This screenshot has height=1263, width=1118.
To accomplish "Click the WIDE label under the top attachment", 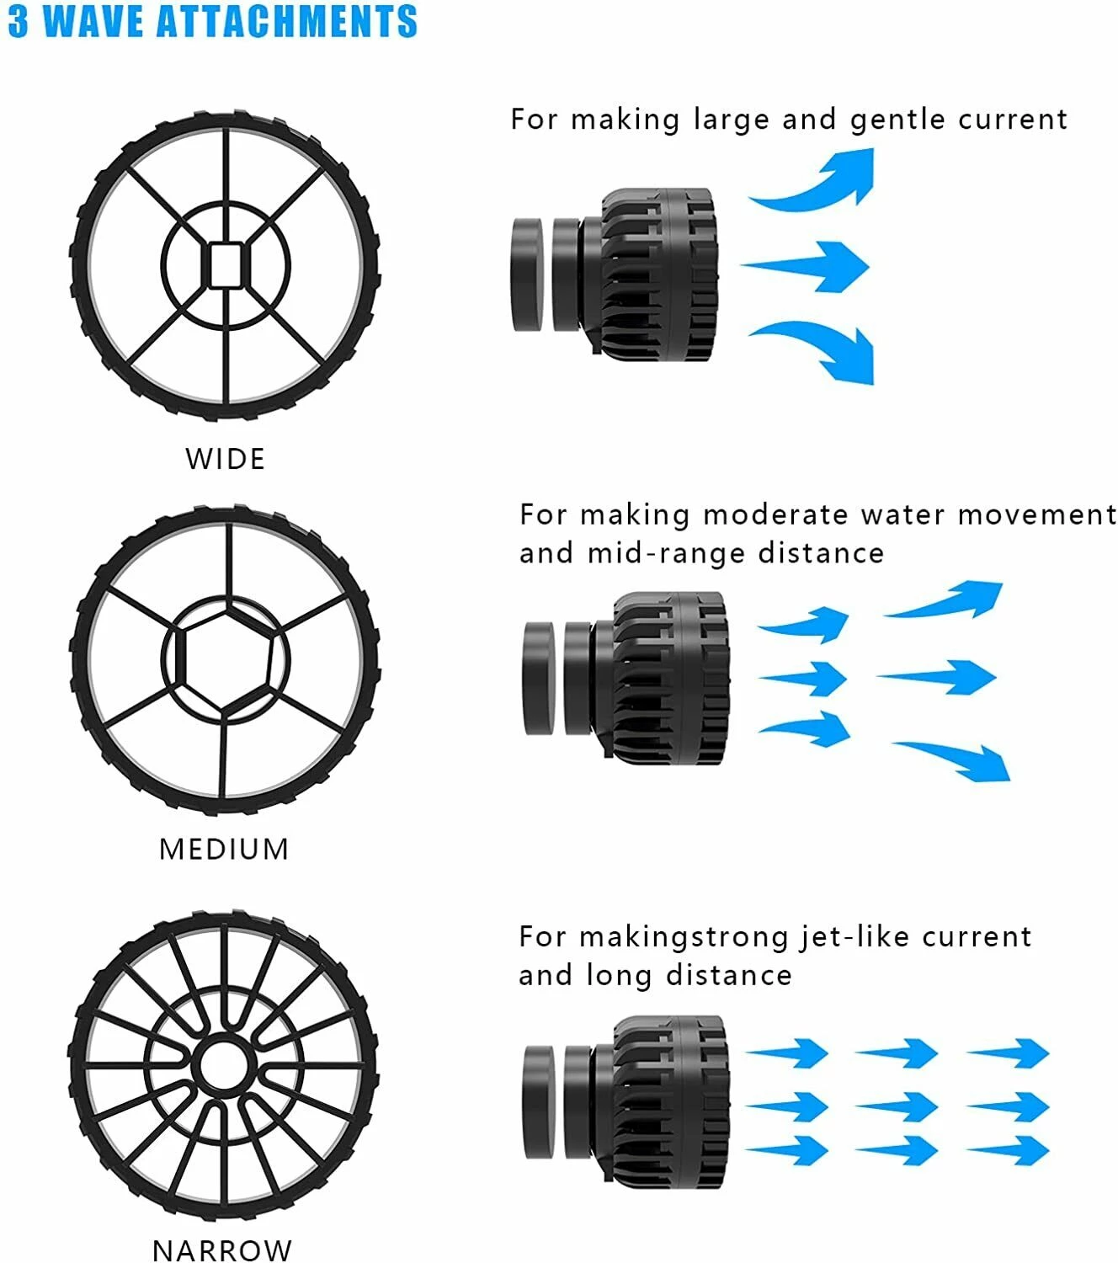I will click(x=225, y=459).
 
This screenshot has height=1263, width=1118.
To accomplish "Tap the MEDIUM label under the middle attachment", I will click(x=224, y=849).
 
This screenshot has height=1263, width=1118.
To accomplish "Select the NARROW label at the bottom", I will click(x=222, y=1250).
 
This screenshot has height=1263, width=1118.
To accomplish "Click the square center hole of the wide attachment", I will click(x=225, y=265).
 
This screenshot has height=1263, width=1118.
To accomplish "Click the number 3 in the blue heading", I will click(x=19, y=21).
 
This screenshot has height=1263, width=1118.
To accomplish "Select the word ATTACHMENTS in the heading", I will click(x=286, y=21).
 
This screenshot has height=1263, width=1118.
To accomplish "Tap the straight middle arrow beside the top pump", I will click(x=808, y=266).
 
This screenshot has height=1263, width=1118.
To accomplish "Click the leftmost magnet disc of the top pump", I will click(x=527, y=273).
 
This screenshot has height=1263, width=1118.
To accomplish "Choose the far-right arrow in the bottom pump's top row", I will click(x=1010, y=1052).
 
